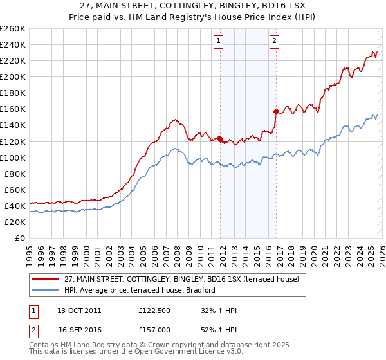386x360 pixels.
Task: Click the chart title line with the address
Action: click(x=193, y=6)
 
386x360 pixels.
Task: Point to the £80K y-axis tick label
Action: click(x=14, y=174)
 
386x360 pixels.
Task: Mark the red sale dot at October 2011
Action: click(x=220, y=138)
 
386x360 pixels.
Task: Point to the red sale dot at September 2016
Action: click(x=276, y=111)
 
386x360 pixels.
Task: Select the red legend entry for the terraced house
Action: click(x=181, y=278)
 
